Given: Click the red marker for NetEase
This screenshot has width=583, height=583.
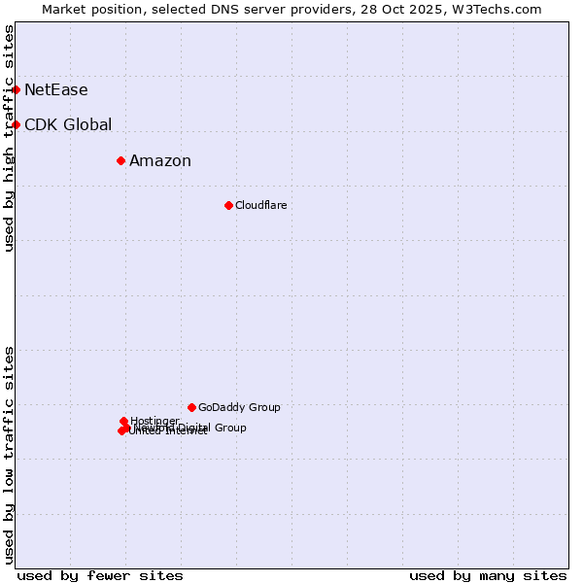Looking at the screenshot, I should pyautogui.click(x=16, y=89).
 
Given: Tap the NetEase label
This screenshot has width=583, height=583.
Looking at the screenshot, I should pyautogui.click(x=55, y=90).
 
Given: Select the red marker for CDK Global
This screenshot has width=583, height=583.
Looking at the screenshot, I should pyautogui.click(x=16, y=124).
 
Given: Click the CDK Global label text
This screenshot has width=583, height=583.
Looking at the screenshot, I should pyautogui.click(x=68, y=125).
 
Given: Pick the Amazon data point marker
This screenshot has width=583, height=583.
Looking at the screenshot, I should pyautogui.click(x=120, y=160).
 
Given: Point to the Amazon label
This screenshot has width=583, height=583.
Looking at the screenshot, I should pyautogui.click(x=160, y=161).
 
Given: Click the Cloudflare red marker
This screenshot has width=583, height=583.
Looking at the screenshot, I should pyautogui.click(x=228, y=205).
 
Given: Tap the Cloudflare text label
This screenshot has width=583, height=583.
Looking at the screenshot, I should pyautogui.click(x=260, y=206).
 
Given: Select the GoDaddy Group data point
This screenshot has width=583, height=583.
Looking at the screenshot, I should pyautogui.click(x=191, y=407).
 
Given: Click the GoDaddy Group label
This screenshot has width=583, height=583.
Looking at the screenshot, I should pyautogui.click(x=239, y=408).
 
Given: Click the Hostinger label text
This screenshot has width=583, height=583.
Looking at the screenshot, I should pyautogui.click(x=154, y=421).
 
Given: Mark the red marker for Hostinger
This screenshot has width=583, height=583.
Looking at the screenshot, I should pyautogui.click(x=123, y=421).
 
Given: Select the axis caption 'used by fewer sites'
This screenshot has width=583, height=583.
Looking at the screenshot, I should pyautogui.click(x=100, y=575).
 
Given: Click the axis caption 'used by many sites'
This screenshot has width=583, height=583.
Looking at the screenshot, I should pyautogui.click(x=488, y=575).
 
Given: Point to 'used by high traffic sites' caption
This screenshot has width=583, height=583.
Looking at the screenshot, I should pyautogui.click(x=10, y=138).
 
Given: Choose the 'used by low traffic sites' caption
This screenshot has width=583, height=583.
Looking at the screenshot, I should pyautogui.click(x=10, y=455).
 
